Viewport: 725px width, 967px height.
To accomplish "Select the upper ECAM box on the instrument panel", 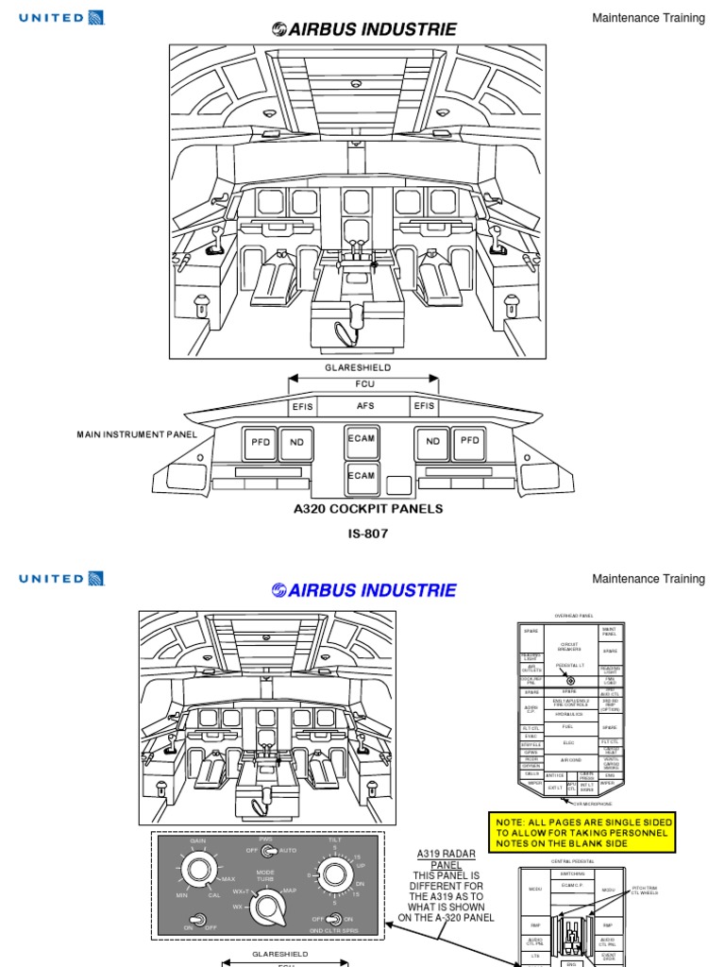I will click(362, 441).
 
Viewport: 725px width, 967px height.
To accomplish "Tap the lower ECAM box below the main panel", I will click(362, 476).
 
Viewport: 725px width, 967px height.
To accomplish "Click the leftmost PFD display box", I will click(261, 441).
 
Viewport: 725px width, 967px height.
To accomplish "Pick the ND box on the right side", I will click(432, 441).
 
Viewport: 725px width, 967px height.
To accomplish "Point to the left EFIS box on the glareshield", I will click(303, 405).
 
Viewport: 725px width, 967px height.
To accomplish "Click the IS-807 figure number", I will click(368, 534).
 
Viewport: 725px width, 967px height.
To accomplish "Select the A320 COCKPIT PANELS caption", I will click(368, 509).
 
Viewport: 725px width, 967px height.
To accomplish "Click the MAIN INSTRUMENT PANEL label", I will click(137, 434).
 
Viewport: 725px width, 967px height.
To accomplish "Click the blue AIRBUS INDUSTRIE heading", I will click(363, 591).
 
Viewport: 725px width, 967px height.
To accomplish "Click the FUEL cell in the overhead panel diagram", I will click(568, 727).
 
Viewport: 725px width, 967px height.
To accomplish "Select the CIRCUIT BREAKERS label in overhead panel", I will click(568, 647).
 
